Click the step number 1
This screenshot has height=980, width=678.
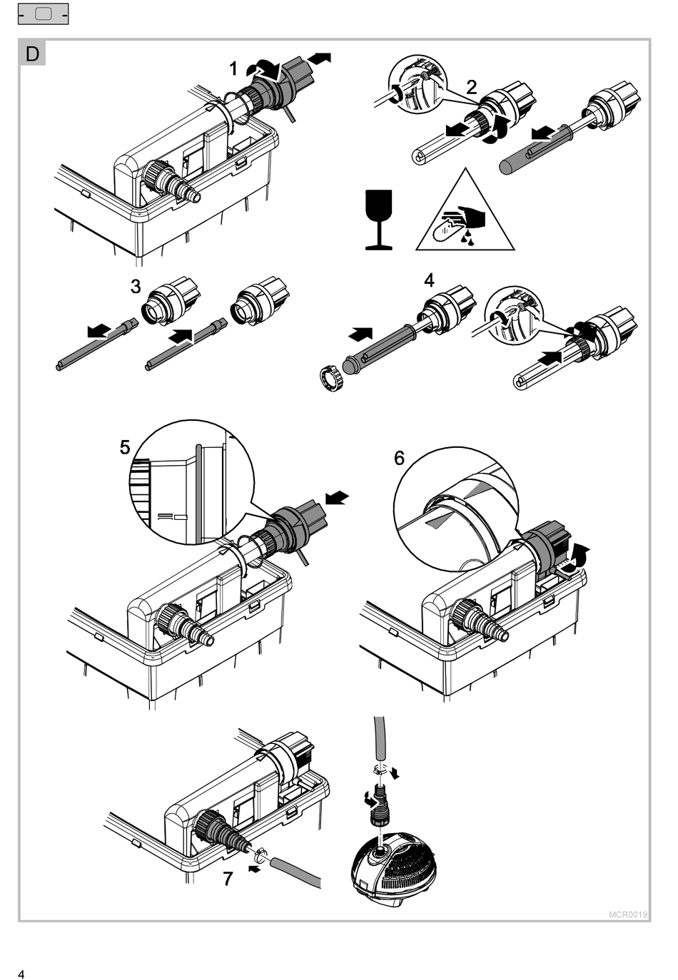[233, 68]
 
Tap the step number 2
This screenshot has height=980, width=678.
[472, 87]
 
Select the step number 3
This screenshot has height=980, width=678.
[136, 287]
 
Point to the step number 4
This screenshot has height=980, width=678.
[429, 280]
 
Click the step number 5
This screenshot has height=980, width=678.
[125, 447]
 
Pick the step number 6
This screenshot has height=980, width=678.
[399, 457]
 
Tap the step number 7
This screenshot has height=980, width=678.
[228, 879]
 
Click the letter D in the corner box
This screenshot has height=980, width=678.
[33, 53]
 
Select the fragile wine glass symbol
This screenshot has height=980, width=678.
[378, 220]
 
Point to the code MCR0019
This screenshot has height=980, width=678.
[628, 914]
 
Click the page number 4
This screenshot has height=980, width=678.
[21, 974]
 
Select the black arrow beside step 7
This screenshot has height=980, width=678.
[253, 868]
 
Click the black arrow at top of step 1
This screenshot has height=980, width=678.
[323, 57]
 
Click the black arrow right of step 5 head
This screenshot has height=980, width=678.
[338, 497]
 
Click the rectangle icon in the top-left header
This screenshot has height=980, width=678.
[43, 14]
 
